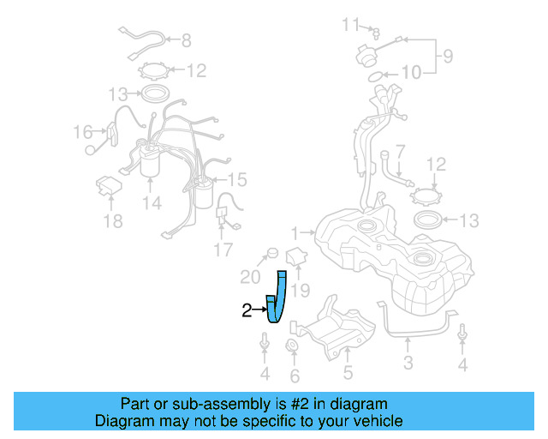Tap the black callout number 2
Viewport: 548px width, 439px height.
(247, 311)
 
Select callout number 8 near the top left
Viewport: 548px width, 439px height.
(186, 39)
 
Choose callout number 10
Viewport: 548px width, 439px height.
(411, 74)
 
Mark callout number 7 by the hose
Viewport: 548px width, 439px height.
(400, 150)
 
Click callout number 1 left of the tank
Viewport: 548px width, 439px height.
(295, 232)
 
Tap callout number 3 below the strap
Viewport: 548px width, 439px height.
(408, 364)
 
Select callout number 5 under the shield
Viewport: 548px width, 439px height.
(348, 372)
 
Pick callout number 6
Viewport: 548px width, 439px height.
(295, 376)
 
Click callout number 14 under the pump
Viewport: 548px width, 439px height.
(152, 203)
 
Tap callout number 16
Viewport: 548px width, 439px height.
(82, 132)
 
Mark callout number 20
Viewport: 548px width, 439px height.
(249, 277)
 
